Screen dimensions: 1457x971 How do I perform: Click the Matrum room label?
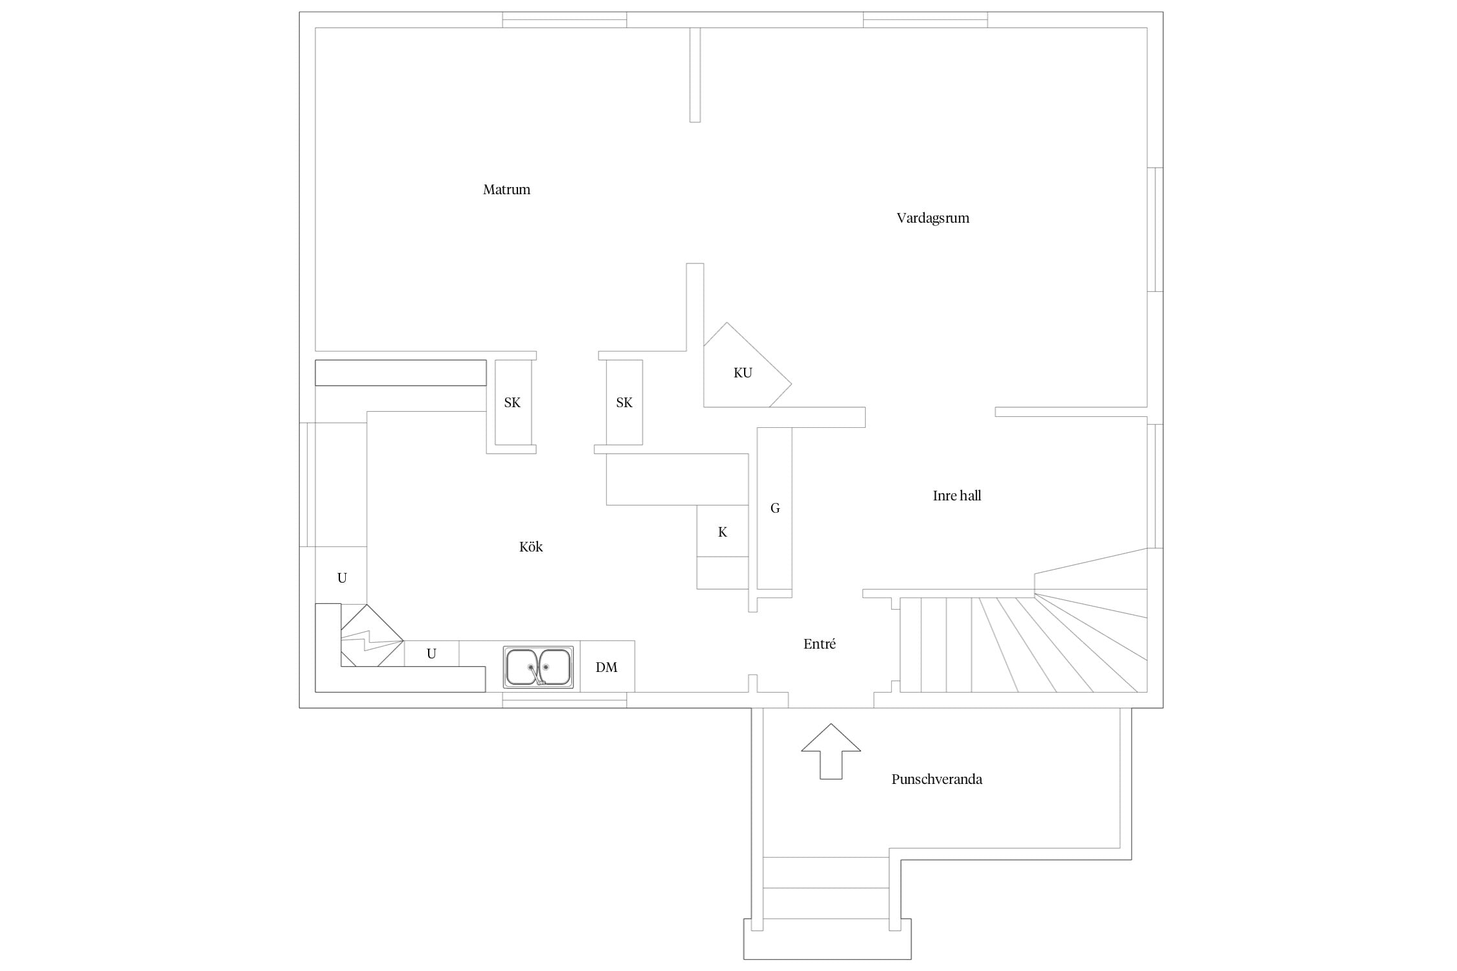pyautogui.click(x=506, y=190)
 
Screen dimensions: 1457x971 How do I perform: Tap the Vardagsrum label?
pyautogui.click(x=932, y=218)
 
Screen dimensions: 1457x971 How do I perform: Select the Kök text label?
pyautogui.click(x=531, y=547)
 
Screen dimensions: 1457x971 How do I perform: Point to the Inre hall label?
pyautogui.click(x=956, y=496)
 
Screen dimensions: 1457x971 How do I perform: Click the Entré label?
pyautogui.click(x=819, y=644)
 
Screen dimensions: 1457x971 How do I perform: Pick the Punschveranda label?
pyautogui.click(x=936, y=779)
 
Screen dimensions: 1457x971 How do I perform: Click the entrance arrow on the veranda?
pyautogui.click(x=831, y=751)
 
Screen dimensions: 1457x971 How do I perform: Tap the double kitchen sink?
pyautogui.click(x=538, y=667)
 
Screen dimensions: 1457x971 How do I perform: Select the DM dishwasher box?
pyautogui.click(x=607, y=666)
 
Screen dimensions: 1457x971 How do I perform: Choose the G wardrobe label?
pyautogui.click(x=775, y=508)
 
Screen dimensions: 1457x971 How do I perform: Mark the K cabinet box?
pyautogui.click(x=723, y=531)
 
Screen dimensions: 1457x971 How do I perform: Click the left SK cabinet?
pyautogui.click(x=513, y=402)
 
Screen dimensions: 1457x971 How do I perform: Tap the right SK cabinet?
pyautogui.click(x=624, y=402)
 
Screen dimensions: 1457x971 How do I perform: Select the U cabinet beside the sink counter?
pyautogui.click(x=432, y=654)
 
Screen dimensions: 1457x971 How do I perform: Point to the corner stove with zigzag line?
pyautogui.click(x=372, y=636)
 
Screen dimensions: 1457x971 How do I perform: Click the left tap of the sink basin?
pyautogui.click(x=531, y=666)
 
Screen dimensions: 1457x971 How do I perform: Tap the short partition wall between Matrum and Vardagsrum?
pyautogui.click(x=695, y=74)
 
